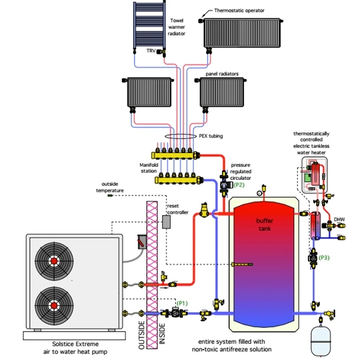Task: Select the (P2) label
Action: (x=239, y=185)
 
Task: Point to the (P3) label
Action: (x=324, y=258)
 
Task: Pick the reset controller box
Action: (x=167, y=221)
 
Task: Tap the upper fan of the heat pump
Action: (x=54, y=261)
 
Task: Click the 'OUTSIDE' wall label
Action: (x=142, y=333)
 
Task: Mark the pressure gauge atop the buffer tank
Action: (x=259, y=192)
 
